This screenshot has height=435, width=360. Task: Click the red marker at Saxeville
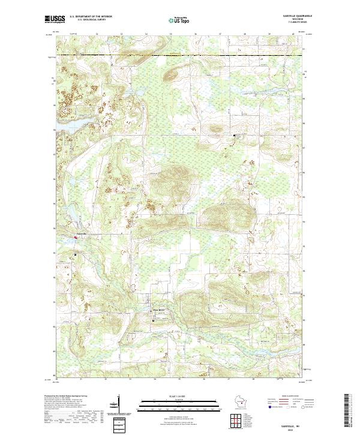(x=76, y=238)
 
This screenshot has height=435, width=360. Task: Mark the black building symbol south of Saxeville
(x=76, y=254)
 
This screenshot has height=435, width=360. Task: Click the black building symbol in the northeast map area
(x=234, y=136)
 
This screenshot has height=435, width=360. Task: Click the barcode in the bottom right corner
(x=347, y=410)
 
